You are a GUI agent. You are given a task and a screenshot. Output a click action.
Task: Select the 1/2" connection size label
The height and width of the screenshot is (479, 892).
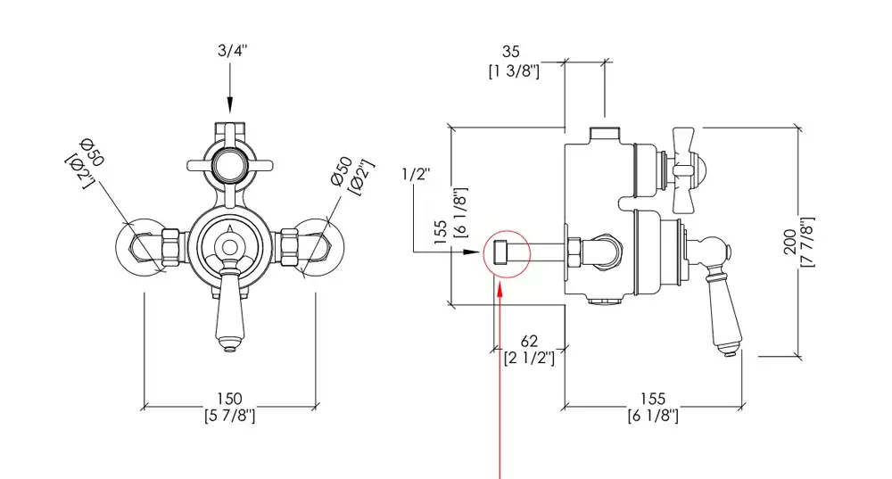tap(416, 174)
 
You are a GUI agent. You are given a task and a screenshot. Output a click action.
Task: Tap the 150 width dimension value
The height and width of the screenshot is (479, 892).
tap(230, 399)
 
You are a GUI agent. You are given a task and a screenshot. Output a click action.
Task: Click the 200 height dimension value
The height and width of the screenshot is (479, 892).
tap(790, 242)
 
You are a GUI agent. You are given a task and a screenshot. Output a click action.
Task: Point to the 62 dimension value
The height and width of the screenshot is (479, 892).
tap(530, 341)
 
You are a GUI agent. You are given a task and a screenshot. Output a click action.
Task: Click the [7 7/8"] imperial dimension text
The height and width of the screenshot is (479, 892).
tap(807, 242)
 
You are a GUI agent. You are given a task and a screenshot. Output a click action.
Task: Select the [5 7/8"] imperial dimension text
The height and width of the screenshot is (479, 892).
tap(230, 416)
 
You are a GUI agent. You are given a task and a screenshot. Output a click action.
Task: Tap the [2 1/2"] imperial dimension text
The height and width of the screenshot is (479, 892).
tap(530, 358)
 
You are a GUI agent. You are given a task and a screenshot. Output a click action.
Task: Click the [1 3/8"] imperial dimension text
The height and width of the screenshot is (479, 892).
tap(514, 71)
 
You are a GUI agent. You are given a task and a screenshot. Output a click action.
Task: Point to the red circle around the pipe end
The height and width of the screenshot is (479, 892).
tap(506, 252)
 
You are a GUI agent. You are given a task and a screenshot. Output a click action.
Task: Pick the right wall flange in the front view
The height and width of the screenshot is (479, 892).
tap(318, 246)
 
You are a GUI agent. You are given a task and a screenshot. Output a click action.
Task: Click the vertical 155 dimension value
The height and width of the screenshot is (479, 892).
tap(439, 234)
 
